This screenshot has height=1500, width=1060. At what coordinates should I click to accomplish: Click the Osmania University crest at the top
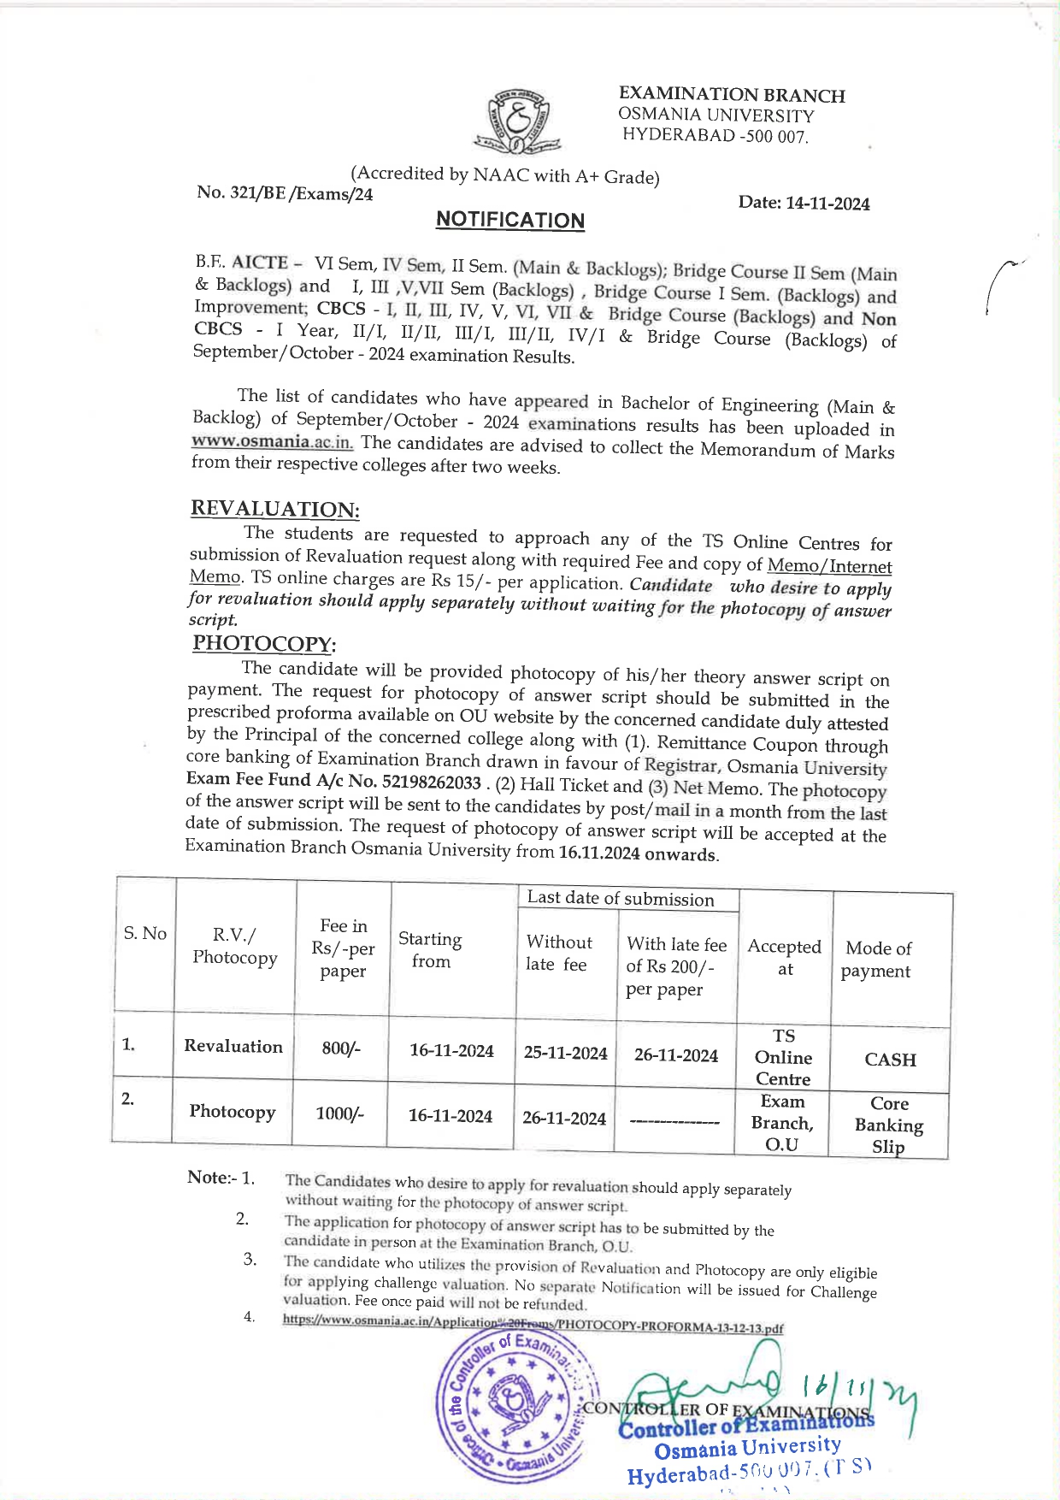(x=515, y=121)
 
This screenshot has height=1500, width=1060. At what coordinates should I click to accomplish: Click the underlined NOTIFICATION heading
(x=509, y=220)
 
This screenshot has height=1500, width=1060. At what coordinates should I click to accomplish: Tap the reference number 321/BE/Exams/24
(x=285, y=193)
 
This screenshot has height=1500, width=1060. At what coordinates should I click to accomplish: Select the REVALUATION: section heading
(x=274, y=509)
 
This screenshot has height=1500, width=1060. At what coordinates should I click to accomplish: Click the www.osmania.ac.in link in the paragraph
(x=272, y=441)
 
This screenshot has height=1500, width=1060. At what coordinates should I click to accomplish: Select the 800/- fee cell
(x=341, y=1048)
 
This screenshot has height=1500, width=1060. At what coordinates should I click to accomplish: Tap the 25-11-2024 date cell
(x=565, y=1053)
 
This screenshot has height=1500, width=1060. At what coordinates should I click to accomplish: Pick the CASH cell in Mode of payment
(x=890, y=1060)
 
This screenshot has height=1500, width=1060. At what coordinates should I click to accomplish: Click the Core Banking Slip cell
(x=889, y=1125)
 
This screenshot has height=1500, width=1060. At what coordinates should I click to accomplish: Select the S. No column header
(x=144, y=933)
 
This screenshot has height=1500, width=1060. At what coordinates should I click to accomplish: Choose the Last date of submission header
(x=621, y=898)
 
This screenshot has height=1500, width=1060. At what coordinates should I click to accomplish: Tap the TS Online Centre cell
(x=783, y=1057)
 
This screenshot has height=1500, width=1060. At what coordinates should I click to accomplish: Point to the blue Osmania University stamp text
(x=747, y=1447)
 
